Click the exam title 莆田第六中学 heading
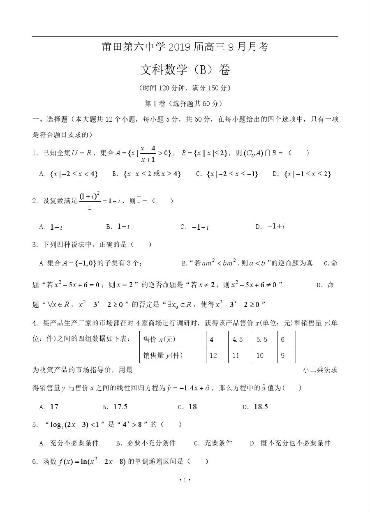pyautogui.click(x=185, y=48)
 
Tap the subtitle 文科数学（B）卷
pyautogui.click(x=185, y=70)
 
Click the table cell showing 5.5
pyautogui.click(x=262, y=340)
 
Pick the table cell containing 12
pyautogui.click(x=213, y=355)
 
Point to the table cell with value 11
pyautogui.click(x=236, y=355)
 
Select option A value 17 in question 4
pyautogui.click(x=54, y=407)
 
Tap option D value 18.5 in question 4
pyautogui.click(x=261, y=407)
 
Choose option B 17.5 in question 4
pyautogui.click(x=120, y=407)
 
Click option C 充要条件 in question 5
pyautogui.click(x=218, y=443)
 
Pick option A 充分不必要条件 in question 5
pyautogui.click(x=74, y=443)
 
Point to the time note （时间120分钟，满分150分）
pyautogui.click(x=185, y=88)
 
